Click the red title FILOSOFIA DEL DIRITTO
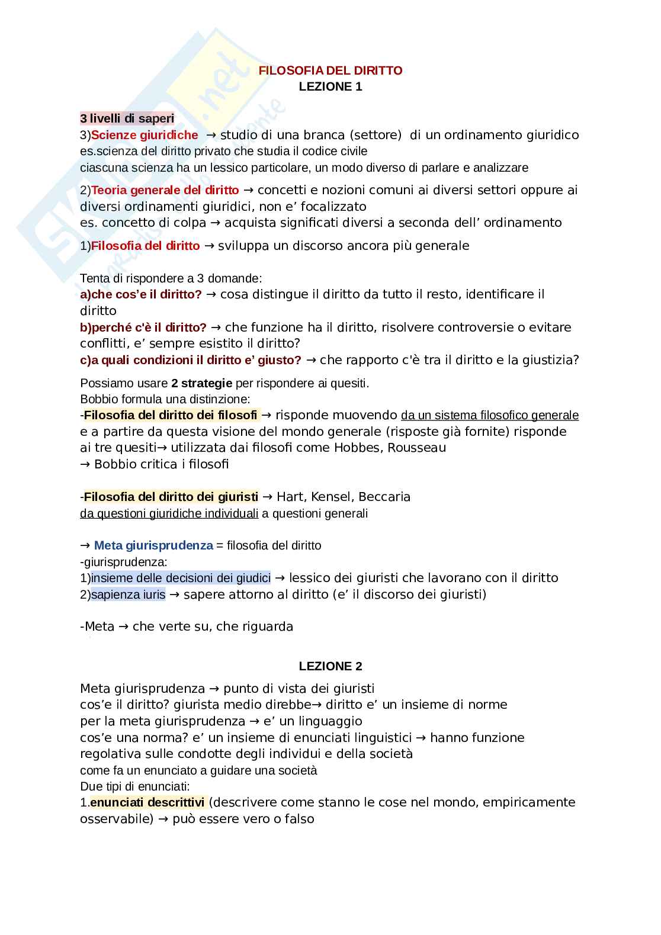click(x=330, y=70)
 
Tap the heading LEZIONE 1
click(x=330, y=86)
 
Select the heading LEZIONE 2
click(x=330, y=666)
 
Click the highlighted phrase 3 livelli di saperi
click(x=127, y=118)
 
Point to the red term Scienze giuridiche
click(x=145, y=135)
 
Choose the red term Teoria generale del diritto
click(x=165, y=190)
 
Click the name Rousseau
click(x=416, y=448)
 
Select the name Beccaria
click(x=384, y=497)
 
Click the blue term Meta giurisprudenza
click(x=153, y=545)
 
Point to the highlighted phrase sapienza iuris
click(x=129, y=595)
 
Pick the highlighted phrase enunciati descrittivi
click(x=147, y=802)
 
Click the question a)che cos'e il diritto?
click(x=141, y=294)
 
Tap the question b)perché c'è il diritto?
click(x=143, y=327)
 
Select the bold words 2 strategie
click(x=201, y=383)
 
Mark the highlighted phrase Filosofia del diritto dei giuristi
click(x=171, y=497)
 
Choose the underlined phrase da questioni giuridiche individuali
click(x=169, y=513)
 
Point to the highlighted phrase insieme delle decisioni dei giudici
click(x=181, y=578)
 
